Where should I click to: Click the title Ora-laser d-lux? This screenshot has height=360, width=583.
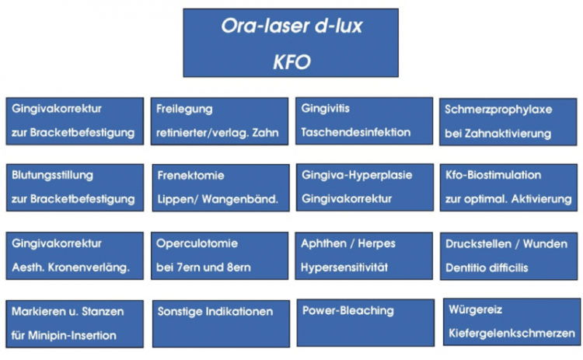[291, 26]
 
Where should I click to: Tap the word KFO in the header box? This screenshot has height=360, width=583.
[291, 61]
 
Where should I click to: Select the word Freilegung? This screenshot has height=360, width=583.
[184, 110]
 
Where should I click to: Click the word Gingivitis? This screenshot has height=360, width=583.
[326, 108]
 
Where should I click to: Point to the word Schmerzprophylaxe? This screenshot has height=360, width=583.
[498, 110]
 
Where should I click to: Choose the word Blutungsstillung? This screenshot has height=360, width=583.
[52, 175]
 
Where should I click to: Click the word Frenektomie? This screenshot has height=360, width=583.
[190, 176]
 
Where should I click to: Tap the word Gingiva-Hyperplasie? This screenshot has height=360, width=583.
[357, 175]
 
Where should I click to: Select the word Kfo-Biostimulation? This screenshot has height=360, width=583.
[494, 175]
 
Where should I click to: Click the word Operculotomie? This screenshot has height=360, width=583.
[197, 243]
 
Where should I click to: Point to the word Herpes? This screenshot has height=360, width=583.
[377, 244]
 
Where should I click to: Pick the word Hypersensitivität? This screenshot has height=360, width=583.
[344, 267]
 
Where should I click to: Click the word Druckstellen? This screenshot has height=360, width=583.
[479, 244]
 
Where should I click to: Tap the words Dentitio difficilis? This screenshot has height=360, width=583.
[487, 267]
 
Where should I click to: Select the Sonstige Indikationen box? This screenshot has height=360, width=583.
[221, 324]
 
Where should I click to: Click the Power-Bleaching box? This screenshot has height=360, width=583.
[365, 323]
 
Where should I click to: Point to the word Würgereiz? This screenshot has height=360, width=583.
[476, 309]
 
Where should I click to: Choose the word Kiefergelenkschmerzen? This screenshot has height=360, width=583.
[511, 334]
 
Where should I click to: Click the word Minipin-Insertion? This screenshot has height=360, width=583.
[72, 335]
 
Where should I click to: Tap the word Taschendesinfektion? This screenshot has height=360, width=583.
[356, 132]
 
